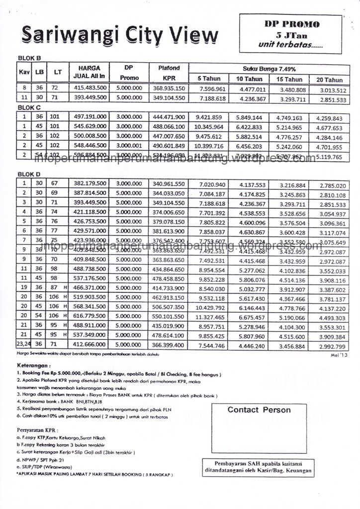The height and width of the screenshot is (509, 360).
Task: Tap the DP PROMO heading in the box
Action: point(291,24)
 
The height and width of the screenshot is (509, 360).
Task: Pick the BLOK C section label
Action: point(29,107)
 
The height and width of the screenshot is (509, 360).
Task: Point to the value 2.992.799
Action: point(333,346)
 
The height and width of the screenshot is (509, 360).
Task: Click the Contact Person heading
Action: point(259,410)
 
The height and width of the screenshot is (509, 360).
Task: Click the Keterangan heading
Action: point(34,365)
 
